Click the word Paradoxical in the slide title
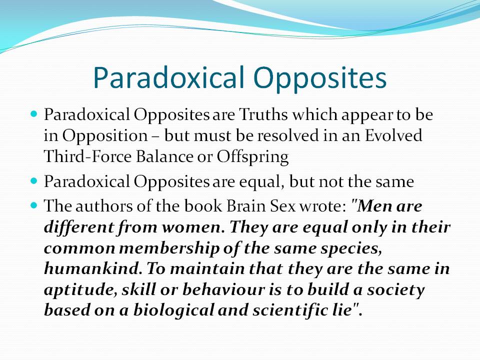(169, 77)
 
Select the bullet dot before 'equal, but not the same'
(34, 181)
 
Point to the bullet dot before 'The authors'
(34, 205)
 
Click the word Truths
(263, 114)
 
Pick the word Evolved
(393, 135)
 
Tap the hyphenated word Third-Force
(87, 156)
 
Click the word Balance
(164, 156)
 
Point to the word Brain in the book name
(246, 205)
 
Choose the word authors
(104, 206)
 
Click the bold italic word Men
(374, 205)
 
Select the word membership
(169, 248)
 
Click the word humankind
(93, 269)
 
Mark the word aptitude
(80, 290)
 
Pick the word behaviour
(223, 289)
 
